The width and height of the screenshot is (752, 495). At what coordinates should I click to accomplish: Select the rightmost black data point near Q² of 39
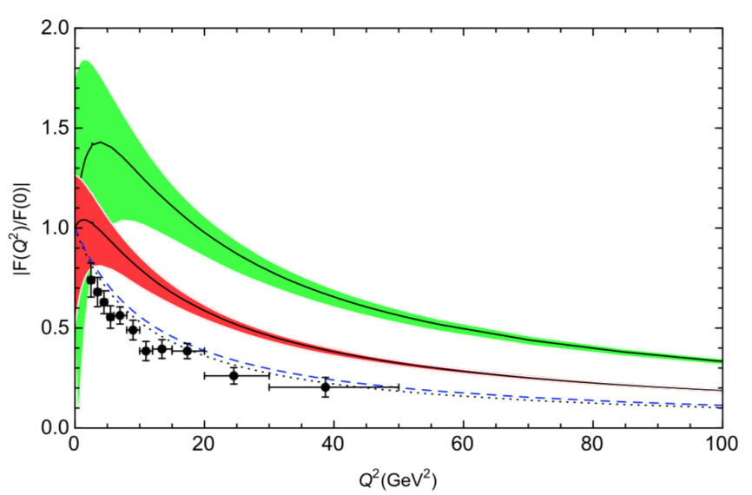[x=326, y=387]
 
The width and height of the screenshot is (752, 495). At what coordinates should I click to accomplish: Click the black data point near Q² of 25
[x=234, y=375]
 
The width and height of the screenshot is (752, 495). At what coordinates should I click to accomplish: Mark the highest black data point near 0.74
[x=91, y=280]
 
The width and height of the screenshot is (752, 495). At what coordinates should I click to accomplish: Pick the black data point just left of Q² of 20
[x=187, y=351]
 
